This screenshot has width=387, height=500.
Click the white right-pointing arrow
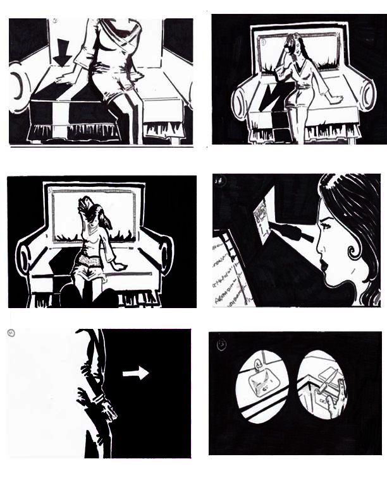click(135, 374)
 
